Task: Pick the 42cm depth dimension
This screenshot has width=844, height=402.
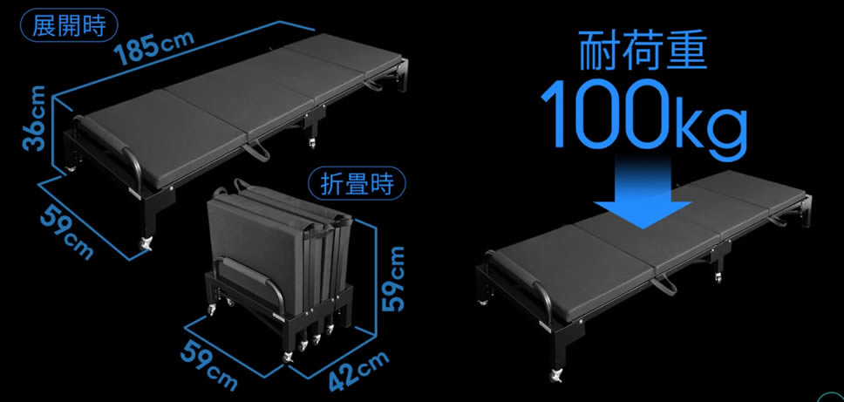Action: coord(358,371)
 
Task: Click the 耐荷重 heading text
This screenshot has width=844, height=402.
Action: coord(642,52)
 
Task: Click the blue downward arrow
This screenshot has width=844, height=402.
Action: coord(642,194)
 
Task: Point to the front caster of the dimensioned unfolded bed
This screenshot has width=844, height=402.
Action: coord(146,243)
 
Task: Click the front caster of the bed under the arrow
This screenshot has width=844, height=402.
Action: coord(555,375)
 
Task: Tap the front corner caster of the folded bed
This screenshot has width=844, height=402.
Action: coord(289,357)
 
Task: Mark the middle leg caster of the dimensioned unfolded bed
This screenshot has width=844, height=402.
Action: coord(311,143)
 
